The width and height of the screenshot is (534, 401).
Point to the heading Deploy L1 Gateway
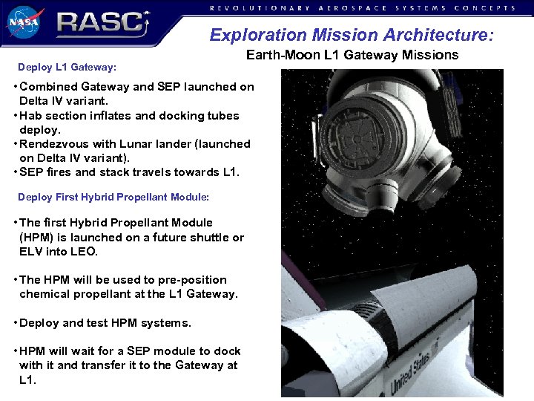pos(67,68)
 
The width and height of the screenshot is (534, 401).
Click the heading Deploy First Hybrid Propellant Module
pos(113,198)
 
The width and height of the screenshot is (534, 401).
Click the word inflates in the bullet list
pos(119,116)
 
